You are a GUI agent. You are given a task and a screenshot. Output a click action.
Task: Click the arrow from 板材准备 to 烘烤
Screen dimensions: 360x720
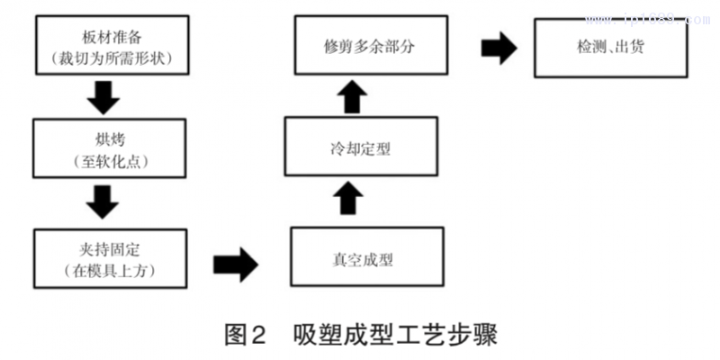[x=107, y=97]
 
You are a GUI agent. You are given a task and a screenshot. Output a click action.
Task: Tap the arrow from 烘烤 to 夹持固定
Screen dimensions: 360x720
[x=107, y=202]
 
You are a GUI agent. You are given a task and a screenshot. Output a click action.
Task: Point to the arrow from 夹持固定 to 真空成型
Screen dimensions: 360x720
[x=237, y=265]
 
